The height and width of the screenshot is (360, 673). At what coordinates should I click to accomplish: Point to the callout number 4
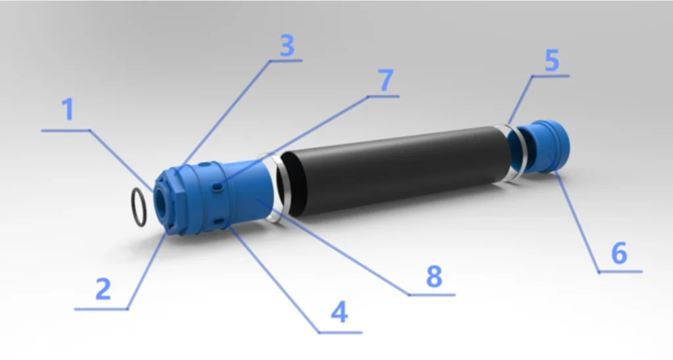pos(338,313)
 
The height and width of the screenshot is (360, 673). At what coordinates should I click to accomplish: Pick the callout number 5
pos(551,61)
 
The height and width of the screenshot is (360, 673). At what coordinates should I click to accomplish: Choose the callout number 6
pos(618,253)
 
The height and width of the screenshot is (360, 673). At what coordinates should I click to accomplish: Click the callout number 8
pos(433,277)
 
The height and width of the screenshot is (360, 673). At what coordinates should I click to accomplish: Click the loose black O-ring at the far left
pos(139,207)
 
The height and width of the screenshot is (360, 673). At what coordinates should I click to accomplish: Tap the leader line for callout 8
pos(335,248)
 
